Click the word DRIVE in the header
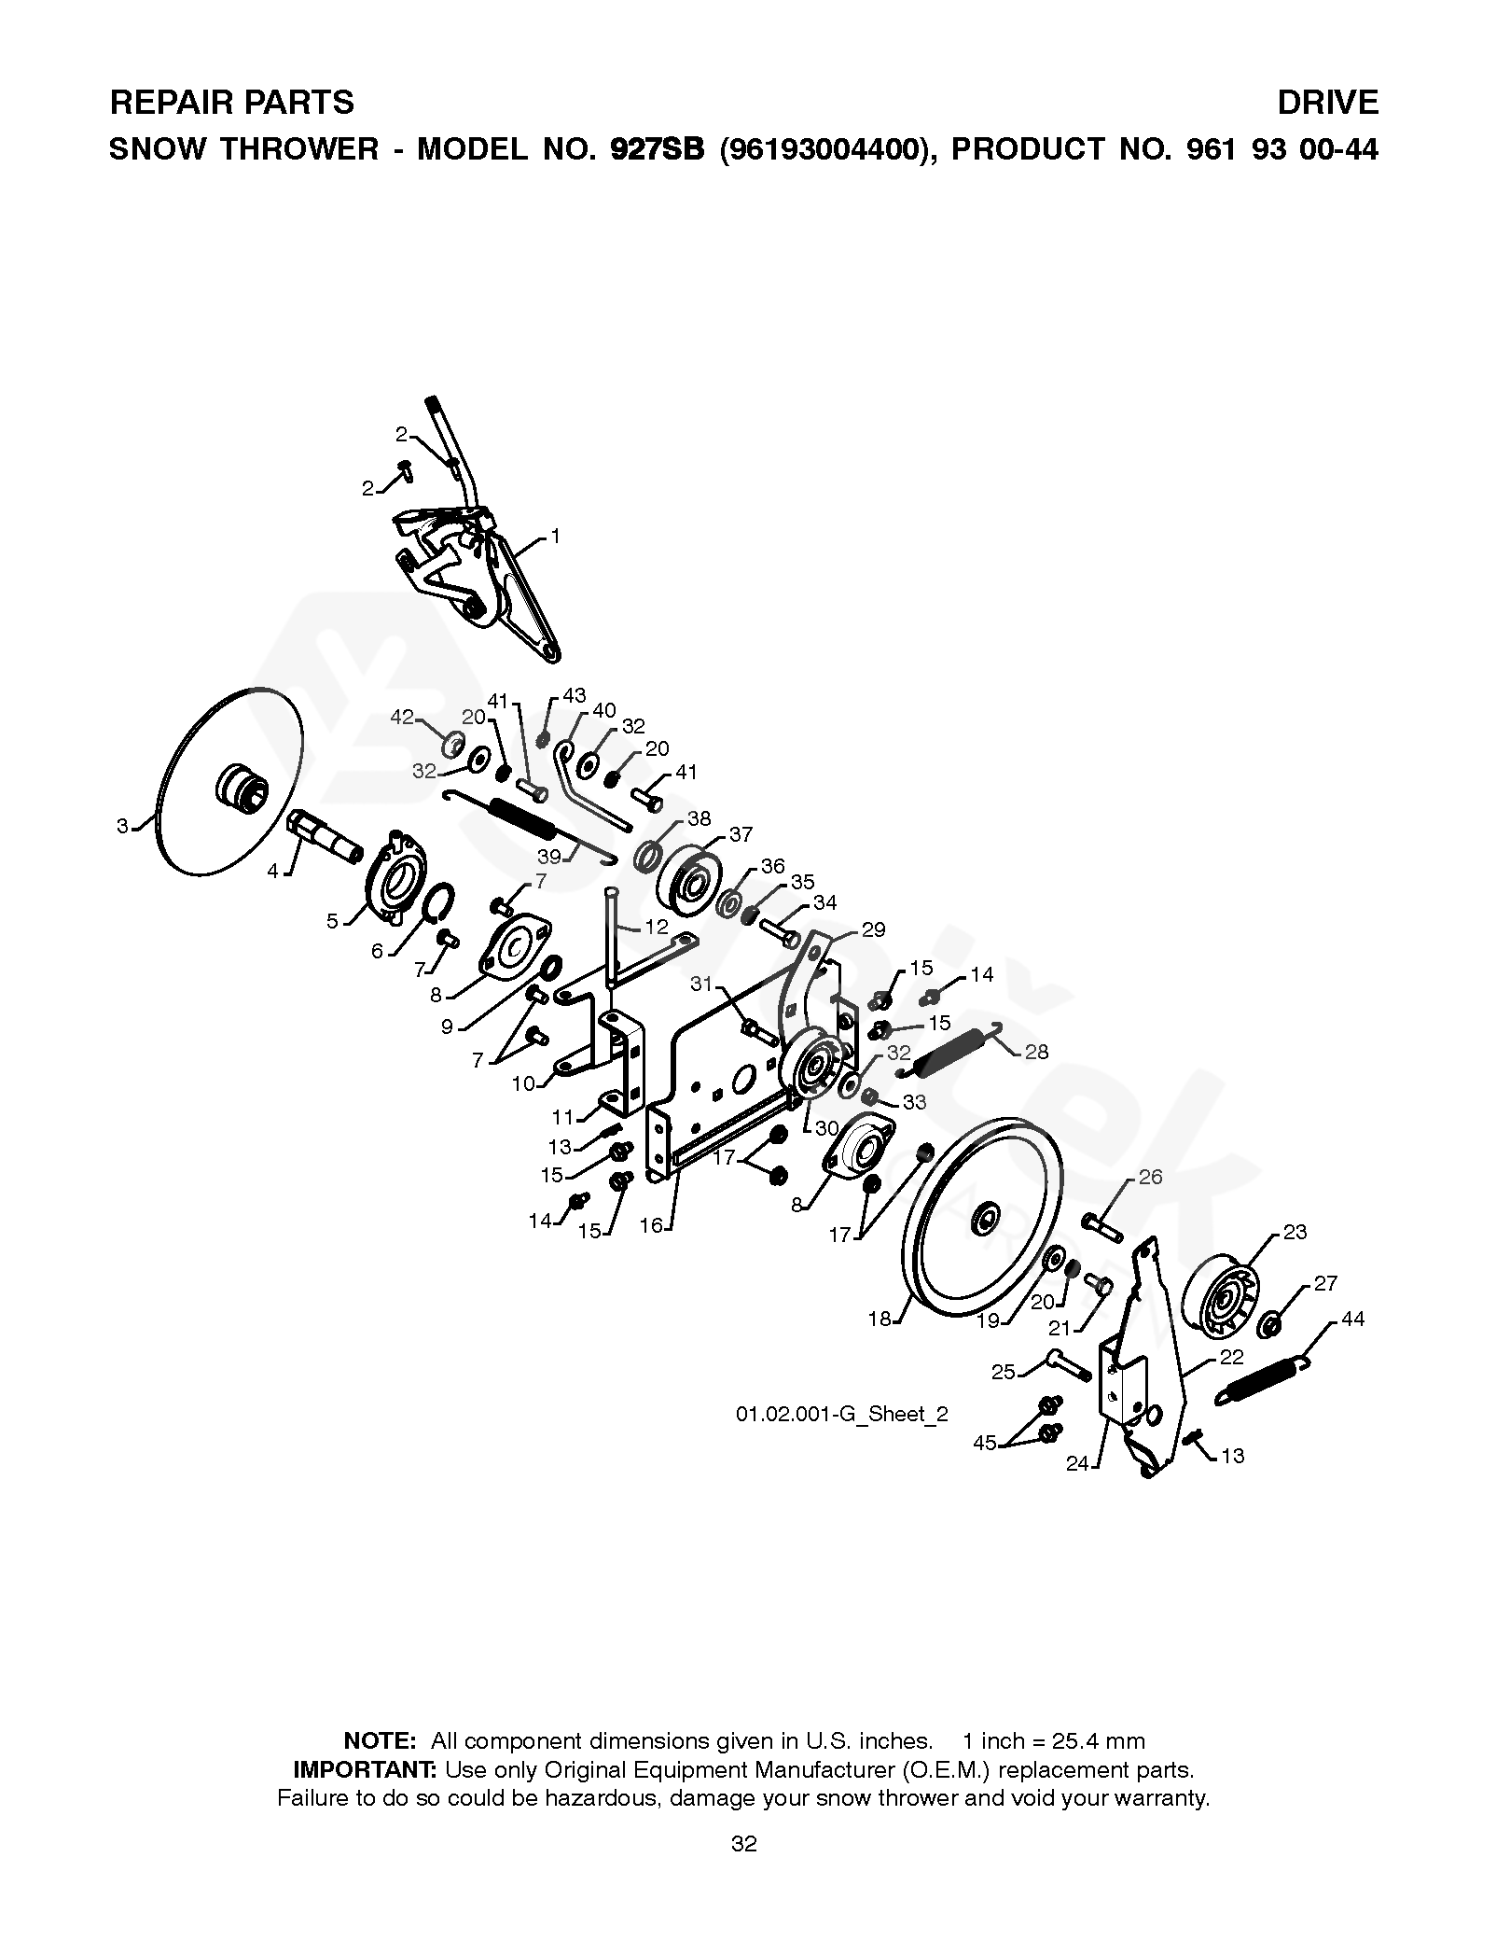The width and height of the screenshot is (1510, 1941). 1327,102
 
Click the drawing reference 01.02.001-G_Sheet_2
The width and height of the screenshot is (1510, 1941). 841,1414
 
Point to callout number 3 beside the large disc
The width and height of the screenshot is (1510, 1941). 122,826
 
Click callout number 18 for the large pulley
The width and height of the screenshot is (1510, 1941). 880,1320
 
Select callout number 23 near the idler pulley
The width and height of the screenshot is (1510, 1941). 1295,1232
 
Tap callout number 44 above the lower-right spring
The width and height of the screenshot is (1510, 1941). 1351,1319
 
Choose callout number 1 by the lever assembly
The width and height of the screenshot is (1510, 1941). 555,537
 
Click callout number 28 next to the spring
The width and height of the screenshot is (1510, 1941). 1036,1053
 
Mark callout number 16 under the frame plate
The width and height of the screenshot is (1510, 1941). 650,1225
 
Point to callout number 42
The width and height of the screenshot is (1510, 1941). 402,717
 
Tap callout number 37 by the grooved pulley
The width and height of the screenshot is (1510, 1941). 741,835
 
